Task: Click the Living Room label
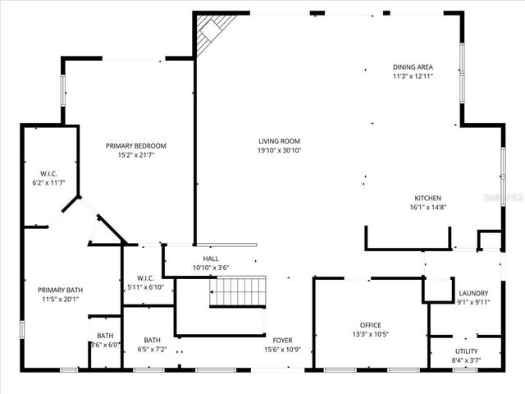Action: pyautogui.click(x=280, y=140)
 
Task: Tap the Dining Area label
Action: pyautogui.click(x=413, y=66)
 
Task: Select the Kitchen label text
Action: pyautogui.click(x=428, y=198)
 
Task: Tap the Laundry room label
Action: pyautogui.click(x=473, y=293)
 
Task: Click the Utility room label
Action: pyautogui.click(x=466, y=350)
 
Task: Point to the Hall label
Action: pyautogui.click(x=211, y=258)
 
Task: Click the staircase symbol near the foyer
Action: pyautogui.click(x=236, y=291)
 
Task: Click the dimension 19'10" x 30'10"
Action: pyautogui.click(x=280, y=150)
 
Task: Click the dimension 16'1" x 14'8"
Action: pyautogui.click(x=428, y=208)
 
